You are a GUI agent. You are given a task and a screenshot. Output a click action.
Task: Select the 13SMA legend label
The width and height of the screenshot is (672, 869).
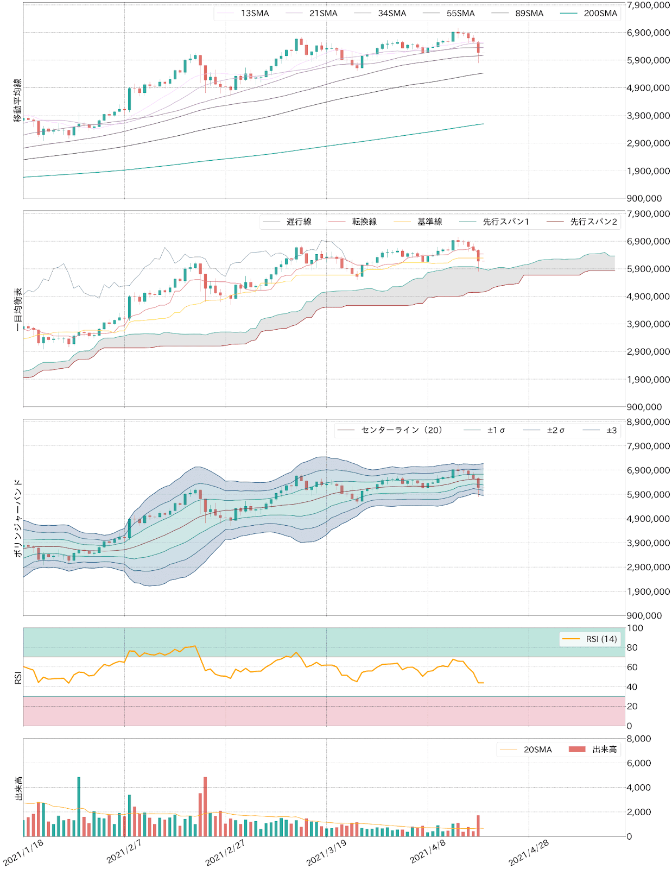point(255,14)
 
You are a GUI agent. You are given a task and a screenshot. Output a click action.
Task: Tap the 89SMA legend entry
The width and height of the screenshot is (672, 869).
point(529,14)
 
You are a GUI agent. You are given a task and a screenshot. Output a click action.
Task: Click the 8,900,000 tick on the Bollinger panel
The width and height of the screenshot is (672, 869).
point(648,422)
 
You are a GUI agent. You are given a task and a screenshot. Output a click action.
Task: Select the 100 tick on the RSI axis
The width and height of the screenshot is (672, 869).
point(635,628)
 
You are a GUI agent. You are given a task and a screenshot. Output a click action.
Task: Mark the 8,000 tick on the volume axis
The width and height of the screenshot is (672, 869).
point(639,739)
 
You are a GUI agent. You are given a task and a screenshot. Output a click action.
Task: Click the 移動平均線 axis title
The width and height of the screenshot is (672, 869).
point(18,100)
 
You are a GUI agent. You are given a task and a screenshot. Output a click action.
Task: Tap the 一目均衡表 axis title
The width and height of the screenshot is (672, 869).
point(18,309)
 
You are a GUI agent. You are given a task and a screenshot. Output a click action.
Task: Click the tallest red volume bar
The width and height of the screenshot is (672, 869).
point(205,807)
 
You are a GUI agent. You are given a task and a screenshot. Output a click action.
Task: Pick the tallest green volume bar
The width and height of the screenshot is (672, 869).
point(79,807)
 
